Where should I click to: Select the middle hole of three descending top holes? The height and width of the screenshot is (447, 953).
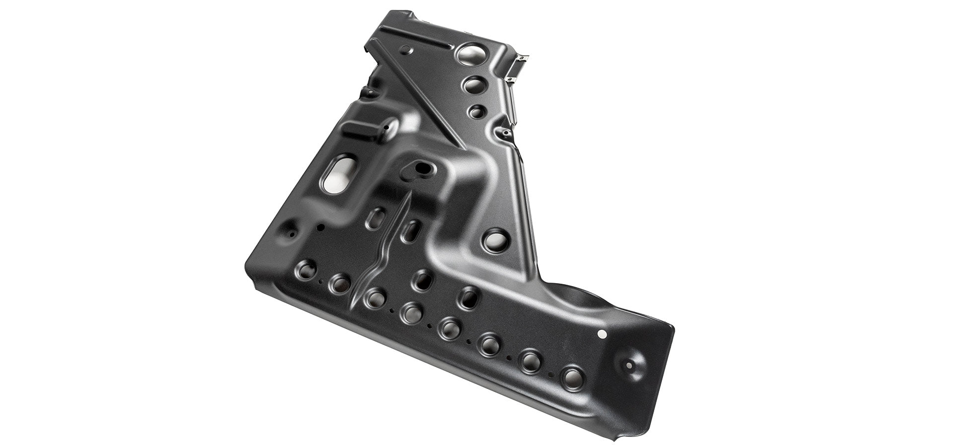point(474,85)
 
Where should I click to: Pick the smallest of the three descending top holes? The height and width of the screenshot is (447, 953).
point(477,111)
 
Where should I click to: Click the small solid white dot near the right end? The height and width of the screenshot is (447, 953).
point(603,335)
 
